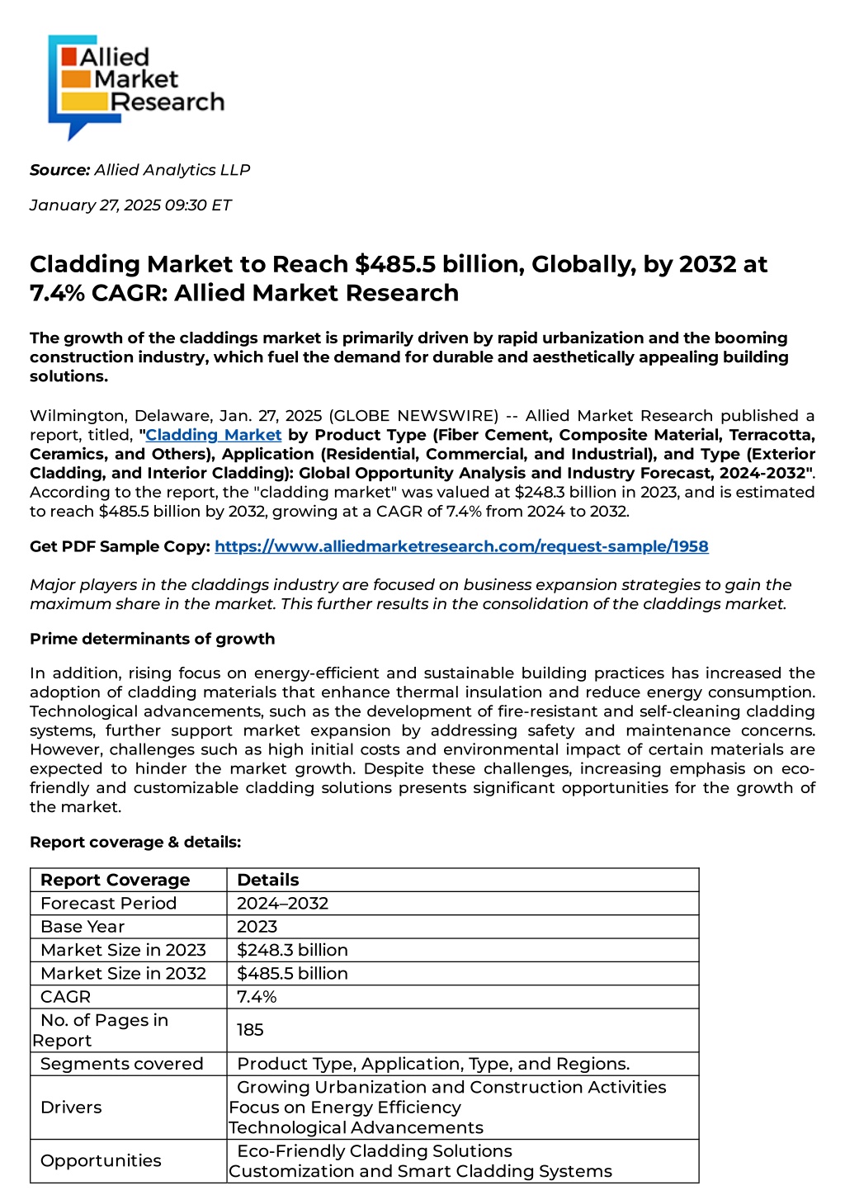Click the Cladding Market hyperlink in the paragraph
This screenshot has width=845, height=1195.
pyautogui.click(x=214, y=435)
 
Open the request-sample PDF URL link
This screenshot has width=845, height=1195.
pyautogui.click(x=461, y=546)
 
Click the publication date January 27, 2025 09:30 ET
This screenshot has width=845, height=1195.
pyautogui.click(x=130, y=205)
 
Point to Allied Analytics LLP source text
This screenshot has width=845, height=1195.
pyautogui.click(x=172, y=170)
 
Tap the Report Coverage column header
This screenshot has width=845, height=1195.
pyautogui.click(x=115, y=880)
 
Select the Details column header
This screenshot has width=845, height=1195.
pyautogui.click(x=267, y=880)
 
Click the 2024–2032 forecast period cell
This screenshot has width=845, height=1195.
pyautogui.click(x=282, y=903)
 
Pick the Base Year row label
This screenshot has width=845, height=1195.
pyautogui.click(x=83, y=927)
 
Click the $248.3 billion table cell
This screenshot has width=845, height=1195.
pyautogui.click(x=292, y=950)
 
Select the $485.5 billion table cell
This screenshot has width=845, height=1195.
pyautogui.click(x=292, y=973)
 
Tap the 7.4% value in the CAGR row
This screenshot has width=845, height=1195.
pyautogui.click(x=257, y=997)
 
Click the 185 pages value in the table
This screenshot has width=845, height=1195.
pyautogui.click(x=250, y=1030)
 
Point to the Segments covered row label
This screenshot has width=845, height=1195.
pyautogui.click(x=121, y=1064)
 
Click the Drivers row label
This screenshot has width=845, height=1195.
pyautogui.click(x=71, y=1108)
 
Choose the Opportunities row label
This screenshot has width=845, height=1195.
pyautogui.click(x=101, y=1160)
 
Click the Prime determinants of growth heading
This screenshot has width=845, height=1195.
pyautogui.click(x=153, y=639)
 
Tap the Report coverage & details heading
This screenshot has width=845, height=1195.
pyautogui.click(x=135, y=842)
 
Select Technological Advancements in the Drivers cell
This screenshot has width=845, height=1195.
pyautogui.click(x=356, y=1128)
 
